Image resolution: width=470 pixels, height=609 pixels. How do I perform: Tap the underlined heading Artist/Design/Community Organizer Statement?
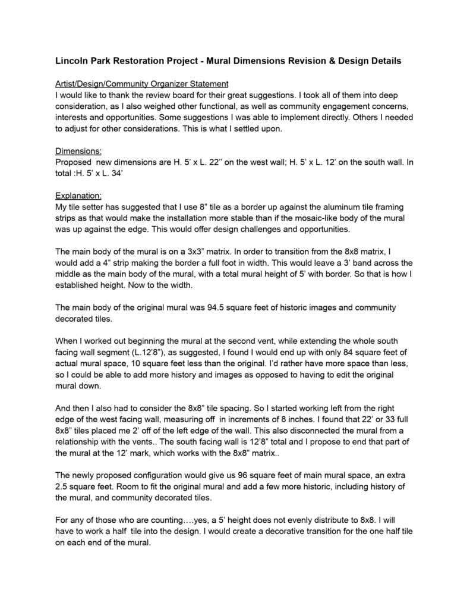pyautogui.click(x=138, y=84)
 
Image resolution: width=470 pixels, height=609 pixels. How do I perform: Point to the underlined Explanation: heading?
pyautogui.click(x=78, y=195)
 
